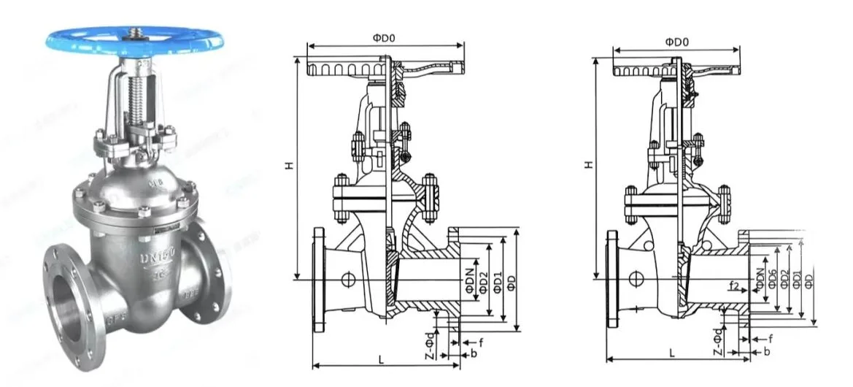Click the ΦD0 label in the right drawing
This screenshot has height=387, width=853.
point(676,42)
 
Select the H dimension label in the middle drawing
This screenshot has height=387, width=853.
point(289,166)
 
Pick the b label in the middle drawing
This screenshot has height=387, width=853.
point(474,353)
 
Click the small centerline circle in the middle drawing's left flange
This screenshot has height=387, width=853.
point(348,279)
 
